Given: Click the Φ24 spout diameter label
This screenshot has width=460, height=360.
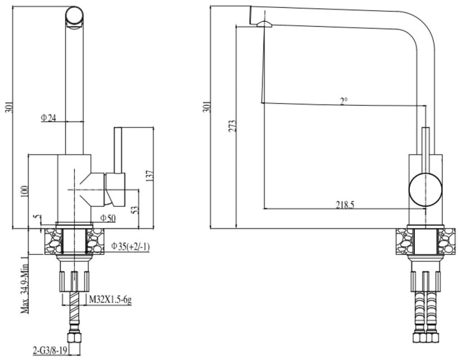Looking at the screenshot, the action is coord(48,118).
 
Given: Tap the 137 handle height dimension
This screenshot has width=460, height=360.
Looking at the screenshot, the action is coord(150,176).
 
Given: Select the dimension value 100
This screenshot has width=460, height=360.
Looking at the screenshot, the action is coord(25,192).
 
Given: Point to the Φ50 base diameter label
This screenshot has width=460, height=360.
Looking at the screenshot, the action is coord(108,218).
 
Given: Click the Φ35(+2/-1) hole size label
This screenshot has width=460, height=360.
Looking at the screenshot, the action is coord(130,246).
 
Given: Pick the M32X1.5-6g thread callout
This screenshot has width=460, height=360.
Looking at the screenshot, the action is coord(110,300).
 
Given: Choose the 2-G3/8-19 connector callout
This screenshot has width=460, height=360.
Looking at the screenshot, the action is coord(50,351).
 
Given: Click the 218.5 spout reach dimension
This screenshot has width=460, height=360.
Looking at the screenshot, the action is coord(345,205).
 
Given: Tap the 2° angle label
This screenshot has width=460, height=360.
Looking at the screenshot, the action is coord(344,101).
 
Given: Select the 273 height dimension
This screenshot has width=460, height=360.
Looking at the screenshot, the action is coord(232,126).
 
